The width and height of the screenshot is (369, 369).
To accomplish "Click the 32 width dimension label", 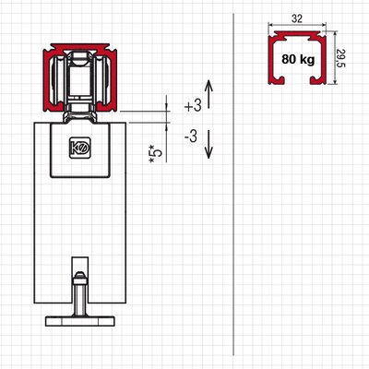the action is point(296,18).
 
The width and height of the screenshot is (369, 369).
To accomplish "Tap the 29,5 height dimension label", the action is point(341,58).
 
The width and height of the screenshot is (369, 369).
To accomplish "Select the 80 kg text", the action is point(298,59).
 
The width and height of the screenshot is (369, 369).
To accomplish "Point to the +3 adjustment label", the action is point(193,106).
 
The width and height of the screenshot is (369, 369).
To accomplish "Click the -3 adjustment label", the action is point(191,137).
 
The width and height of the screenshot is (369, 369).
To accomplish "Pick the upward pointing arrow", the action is point(208,94).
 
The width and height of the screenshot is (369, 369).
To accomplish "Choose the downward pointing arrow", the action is point(208,144).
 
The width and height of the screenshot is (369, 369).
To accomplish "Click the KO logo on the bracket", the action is point(79,148).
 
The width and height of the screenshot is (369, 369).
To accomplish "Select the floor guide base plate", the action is point(80,321).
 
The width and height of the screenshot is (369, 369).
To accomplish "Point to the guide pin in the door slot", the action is point(80,293).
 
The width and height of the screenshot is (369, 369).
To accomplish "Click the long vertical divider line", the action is point(233,184).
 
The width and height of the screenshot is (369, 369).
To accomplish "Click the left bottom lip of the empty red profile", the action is point(278,80).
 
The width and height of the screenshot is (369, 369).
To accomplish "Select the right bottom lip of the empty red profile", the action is point(317,80).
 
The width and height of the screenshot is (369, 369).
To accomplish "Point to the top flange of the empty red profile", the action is point(297,34).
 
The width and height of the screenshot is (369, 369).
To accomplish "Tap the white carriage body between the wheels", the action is point(80,78).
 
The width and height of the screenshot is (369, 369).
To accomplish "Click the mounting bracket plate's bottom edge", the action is point(80,176).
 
